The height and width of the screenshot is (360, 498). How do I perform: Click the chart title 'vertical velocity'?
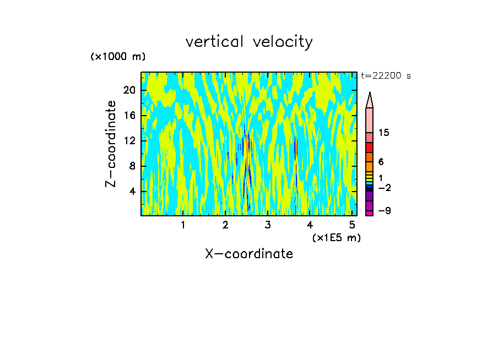(249, 42)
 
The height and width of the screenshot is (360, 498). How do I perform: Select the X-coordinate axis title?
(249, 254)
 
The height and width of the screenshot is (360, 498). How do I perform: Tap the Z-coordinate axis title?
(111, 144)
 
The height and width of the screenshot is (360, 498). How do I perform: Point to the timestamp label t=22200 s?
(386, 76)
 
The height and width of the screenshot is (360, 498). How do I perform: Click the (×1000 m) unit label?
(118, 57)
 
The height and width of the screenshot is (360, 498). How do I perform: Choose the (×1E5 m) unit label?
(336, 237)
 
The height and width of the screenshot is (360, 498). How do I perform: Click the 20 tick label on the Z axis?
(130, 90)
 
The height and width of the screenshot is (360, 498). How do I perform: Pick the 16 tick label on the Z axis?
(130, 116)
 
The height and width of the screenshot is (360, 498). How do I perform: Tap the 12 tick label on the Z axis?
(130, 141)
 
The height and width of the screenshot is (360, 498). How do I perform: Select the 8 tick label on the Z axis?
(132, 166)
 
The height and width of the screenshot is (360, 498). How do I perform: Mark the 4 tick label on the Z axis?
(132, 192)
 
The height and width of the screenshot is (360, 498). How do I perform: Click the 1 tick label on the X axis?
(183, 225)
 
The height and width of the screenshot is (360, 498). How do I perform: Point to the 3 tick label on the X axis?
(268, 225)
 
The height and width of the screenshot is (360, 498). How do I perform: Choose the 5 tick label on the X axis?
(352, 225)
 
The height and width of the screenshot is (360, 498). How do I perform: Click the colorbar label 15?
(384, 133)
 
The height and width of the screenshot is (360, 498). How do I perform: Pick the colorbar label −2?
(384, 188)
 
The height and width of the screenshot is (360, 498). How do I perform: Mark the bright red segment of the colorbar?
(370, 148)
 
